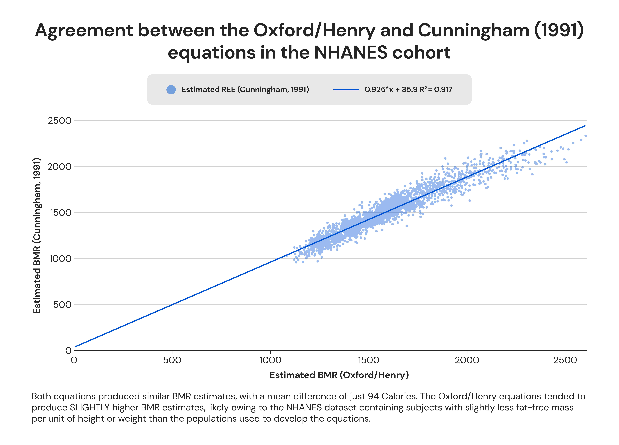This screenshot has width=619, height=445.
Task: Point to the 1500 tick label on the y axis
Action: (x=61, y=213)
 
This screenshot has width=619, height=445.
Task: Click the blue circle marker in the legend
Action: (x=171, y=90)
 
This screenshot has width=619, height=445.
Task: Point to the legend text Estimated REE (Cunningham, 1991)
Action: (x=245, y=90)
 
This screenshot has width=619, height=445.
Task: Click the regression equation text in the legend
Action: (x=408, y=90)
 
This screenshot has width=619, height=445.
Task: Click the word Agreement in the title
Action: (x=84, y=31)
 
